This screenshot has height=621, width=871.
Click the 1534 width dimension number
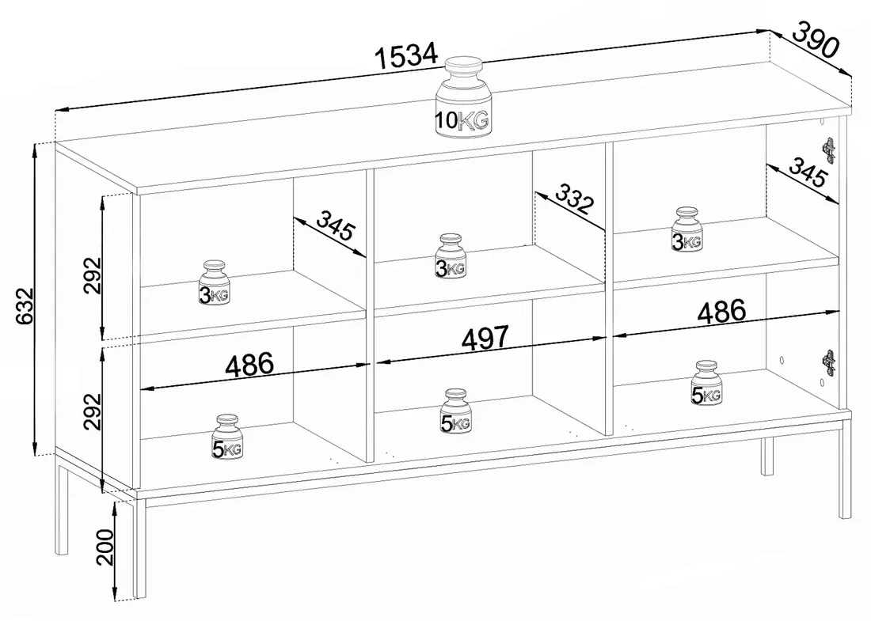point(407,55)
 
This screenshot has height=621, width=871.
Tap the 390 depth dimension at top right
point(814,40)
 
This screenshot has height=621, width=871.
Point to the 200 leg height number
point(105,547)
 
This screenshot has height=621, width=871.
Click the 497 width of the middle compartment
point(485,338)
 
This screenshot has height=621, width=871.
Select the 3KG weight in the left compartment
point(215,282)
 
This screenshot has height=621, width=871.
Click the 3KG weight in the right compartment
point(687,229)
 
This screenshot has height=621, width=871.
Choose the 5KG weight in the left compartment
point(226,437)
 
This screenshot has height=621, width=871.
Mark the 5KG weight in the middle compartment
point(455,411)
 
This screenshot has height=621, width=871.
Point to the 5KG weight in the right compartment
point(706,384)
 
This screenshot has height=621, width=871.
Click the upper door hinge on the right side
point(829,150)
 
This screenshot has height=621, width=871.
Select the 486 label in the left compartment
point(250,365)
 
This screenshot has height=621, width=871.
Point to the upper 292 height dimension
point(93,275)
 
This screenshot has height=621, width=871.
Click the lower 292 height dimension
point(93,411)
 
